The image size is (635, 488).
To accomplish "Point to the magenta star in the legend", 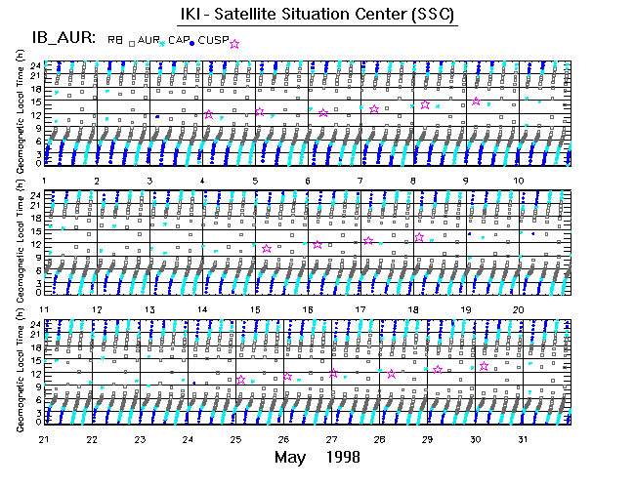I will tap(233, 44).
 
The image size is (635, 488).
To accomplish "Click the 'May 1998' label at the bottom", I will tap(317, 458).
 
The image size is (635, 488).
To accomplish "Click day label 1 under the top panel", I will tap(45, 182).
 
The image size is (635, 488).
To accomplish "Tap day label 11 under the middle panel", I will tap(44, 309).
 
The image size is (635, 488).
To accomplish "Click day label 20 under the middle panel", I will tap(520, 309).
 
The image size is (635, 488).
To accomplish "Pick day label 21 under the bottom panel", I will tap(44, 439).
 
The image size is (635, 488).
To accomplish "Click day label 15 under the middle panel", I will tap(255, 309).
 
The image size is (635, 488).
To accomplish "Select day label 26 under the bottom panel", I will tap(283, 439).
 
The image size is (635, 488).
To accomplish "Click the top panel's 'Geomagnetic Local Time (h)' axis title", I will tap(21, 114).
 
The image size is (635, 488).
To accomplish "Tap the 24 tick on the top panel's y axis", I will tap(35, 65).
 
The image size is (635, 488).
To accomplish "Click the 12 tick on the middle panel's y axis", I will tap(35, 242).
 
